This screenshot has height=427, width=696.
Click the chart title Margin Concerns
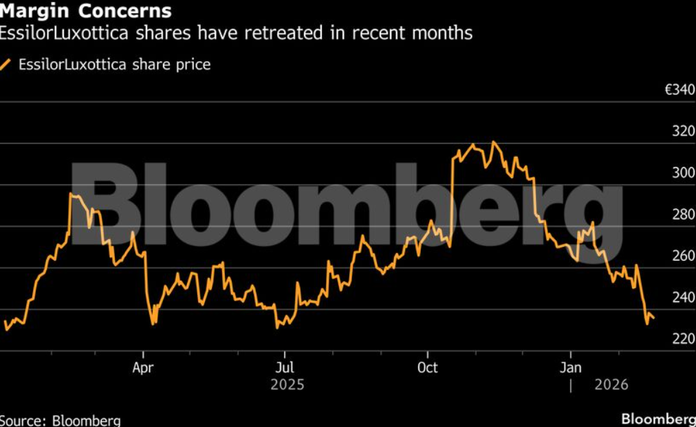tap(86, 11)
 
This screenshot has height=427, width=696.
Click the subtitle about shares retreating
tap(236, 33)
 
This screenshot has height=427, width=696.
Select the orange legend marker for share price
tap(6, 65)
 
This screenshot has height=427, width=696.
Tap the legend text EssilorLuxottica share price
tap(114, 65)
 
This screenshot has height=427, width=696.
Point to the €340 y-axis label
tap(679, 90)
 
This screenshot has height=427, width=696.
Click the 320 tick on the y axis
tap(684, 131)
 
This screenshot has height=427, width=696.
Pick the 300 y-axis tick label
tap(684, 173)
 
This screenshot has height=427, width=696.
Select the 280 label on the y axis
tap(684, 215)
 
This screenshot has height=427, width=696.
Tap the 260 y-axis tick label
tap(684, 256)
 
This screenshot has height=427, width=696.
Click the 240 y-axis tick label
tap(684, 298)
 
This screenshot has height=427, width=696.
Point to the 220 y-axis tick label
tap(684, 339)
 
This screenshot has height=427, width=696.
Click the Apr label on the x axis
tap(143, 367)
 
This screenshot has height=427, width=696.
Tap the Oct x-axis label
tap(428, 367)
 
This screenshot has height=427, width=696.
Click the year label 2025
tap(287, 384)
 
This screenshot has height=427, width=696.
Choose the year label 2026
tap(611, 384)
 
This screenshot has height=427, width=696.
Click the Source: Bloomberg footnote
tap(61, 420)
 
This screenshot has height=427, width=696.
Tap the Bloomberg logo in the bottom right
tap(658, 418)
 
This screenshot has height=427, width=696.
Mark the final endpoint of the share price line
tap(653, 318)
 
